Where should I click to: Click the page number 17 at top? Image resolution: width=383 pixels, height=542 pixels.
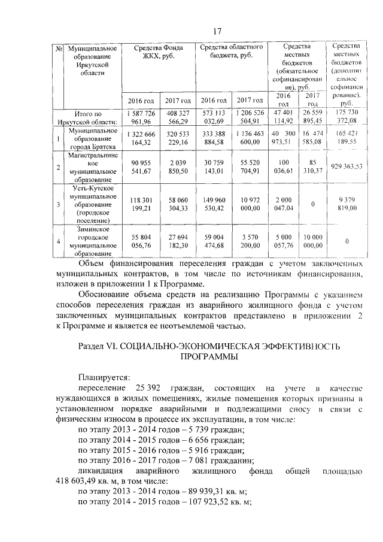tap(218, 31)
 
